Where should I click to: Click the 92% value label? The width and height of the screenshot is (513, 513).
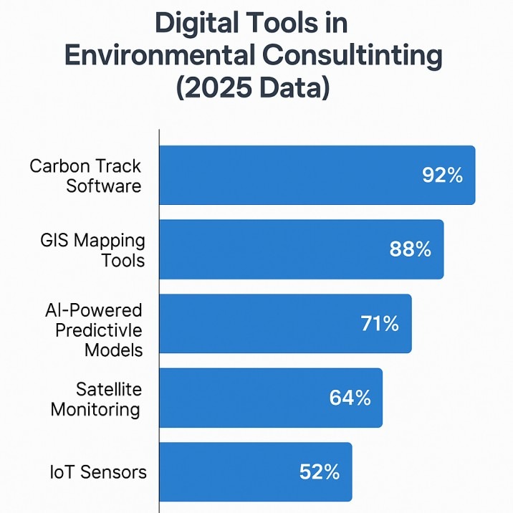443,176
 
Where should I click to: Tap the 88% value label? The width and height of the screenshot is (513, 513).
411,249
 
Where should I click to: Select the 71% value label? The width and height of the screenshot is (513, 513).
380,324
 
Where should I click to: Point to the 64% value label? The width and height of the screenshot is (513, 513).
350,398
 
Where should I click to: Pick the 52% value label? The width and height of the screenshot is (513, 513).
320,472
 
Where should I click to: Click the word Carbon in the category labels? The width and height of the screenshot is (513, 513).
59,166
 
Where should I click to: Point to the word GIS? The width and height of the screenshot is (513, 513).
55,241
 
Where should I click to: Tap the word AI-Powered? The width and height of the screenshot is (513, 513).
93,310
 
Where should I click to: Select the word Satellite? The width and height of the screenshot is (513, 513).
109,389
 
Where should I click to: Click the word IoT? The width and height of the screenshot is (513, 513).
60,472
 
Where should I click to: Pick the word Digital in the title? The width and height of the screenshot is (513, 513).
196,23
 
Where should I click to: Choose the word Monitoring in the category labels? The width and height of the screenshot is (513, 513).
95,410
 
